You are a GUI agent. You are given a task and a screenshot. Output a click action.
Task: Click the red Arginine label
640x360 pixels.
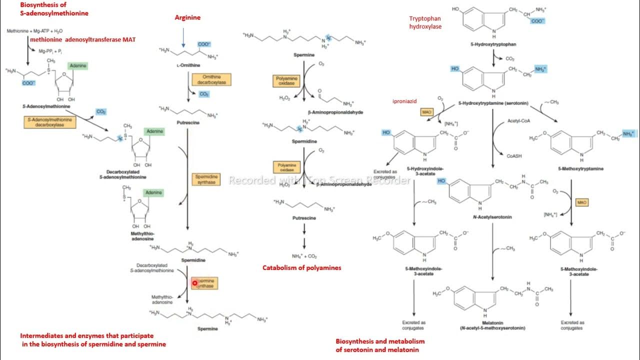pyautogui.click(x=187, y=17)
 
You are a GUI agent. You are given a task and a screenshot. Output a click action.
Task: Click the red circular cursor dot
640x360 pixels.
pyautogui.click(x=195, y=283)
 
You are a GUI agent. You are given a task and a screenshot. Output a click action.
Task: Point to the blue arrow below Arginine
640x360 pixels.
pyautogui.click(x=184, y=39)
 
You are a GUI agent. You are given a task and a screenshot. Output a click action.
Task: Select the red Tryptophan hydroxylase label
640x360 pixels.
pyautogui.click(x=425, y=22)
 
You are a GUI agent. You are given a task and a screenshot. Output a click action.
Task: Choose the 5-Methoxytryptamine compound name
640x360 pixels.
pyautogui.click(x=582, y=169)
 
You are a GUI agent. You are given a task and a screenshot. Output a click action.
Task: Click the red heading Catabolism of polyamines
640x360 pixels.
pyautogui.click(x=302, y=268)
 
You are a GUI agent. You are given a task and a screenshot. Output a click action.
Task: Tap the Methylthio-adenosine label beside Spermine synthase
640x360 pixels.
pyautogui.click(x=162, y=300)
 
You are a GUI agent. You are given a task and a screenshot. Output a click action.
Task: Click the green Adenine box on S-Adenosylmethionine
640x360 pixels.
pyautogui.click(x=77, y=66)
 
